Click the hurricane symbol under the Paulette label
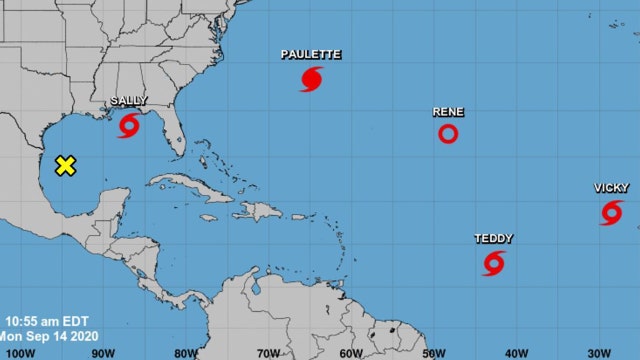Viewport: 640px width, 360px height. [x=311, y=79]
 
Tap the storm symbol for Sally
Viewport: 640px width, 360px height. [x=129, y=126]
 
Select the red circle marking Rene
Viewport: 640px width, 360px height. [x=448, y=134]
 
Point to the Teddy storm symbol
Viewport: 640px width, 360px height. [x=493, y=263]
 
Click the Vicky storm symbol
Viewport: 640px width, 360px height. [x=611, y=212]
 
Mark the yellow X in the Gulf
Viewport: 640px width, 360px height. [x=65, y=166]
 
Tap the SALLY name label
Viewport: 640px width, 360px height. [x=127, y=102]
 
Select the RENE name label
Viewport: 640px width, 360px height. [x=448, y=112]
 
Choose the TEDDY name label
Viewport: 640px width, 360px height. [x=493, y=239]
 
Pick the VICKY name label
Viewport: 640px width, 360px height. [x=611, y=188]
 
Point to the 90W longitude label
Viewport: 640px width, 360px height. [x=101, y=352]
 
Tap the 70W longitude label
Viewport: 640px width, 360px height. [x=267, y=352]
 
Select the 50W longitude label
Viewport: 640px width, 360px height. [x=433, y=352]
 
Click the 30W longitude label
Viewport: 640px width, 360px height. [x=599, y=352]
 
